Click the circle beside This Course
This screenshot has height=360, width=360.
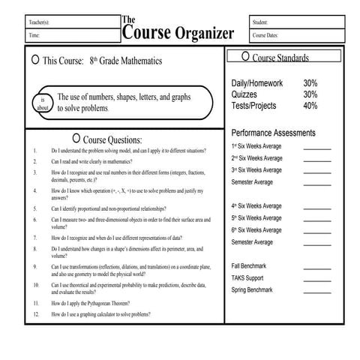coord(34,59)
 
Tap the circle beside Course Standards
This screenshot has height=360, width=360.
coord(245,57)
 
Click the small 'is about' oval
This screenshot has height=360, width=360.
coord(43,103)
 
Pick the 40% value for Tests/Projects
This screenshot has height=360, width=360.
coord(310,106)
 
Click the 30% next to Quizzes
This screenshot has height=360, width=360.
coord(310,94)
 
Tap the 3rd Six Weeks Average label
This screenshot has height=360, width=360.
coord(256,170)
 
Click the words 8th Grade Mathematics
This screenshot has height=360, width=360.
coord(125,60)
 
